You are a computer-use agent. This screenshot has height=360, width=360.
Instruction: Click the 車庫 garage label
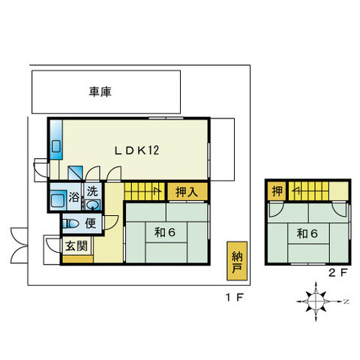(x=100, y=91)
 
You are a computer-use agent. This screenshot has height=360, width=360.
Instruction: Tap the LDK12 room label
(x=136, y=151)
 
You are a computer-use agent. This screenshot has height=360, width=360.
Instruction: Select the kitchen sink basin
(x=56, y=146)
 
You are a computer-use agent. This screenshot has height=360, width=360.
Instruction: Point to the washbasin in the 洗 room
(x=92, y=205)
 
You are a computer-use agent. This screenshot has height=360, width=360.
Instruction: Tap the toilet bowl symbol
(x=71, y=223)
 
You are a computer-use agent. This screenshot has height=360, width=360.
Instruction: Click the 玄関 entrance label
(x=76, y=246)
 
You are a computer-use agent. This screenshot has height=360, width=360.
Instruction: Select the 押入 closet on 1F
(x=187, y=192)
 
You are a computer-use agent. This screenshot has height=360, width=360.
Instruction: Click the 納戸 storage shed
(x=237, y=261)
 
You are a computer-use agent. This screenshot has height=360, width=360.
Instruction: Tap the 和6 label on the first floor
(x=165, y=232)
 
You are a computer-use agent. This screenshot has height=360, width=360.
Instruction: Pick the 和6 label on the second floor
(x=307, y=234)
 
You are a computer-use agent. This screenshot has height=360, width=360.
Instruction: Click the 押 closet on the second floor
(x=277, y=191)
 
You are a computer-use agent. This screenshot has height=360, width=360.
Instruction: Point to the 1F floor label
(x=235, y=298)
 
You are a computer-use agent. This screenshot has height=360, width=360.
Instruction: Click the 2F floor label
(x=338, y=272)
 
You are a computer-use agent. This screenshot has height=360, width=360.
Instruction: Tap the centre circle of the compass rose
(x=316, y=301)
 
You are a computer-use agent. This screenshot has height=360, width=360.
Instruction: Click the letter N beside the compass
(x=346, y=301)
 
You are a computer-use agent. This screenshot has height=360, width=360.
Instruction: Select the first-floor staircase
(x=145, y=191)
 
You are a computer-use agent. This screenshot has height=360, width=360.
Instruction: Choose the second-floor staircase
(x=309, y=191)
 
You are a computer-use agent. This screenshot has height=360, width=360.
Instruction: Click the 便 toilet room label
(x=91, y=223)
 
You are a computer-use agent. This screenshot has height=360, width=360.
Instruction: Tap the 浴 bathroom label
(x=74, y=197)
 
